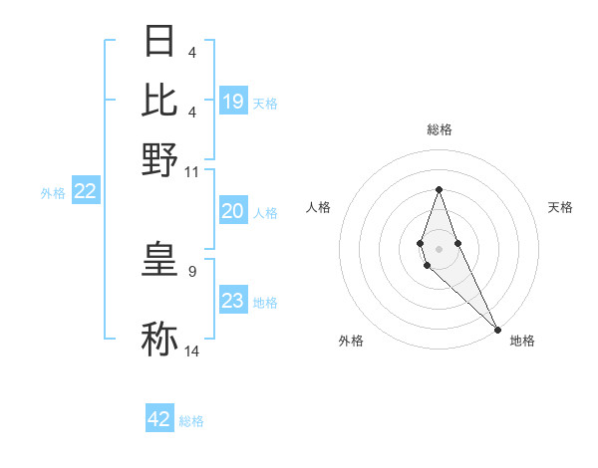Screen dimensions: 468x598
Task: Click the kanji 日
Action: (160, 42)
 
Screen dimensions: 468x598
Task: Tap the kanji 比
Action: (160, 100)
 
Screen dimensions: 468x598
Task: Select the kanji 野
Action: (160, 158)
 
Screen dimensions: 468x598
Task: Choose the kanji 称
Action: (160, 339)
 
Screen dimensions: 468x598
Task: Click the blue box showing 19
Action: (233, 102)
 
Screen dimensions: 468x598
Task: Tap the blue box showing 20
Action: (233, 211)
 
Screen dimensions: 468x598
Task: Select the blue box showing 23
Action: (233, 301)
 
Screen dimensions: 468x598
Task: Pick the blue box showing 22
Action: (85, 192)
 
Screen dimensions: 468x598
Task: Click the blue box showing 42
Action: (159, 419)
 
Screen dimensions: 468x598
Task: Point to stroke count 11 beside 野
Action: (192, 172)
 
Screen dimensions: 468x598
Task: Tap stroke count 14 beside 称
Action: (192, 351)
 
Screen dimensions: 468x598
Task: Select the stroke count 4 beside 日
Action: (191, 52)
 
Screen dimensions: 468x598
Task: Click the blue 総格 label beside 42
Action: (191, 421)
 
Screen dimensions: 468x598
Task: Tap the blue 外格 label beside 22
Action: (53, 193)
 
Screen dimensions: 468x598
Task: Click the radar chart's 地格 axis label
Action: (522, 341)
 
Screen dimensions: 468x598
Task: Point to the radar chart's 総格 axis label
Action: (440, 129)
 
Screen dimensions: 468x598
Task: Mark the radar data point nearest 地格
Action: (497, 329)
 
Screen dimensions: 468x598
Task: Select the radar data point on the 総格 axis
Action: (439, 190)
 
